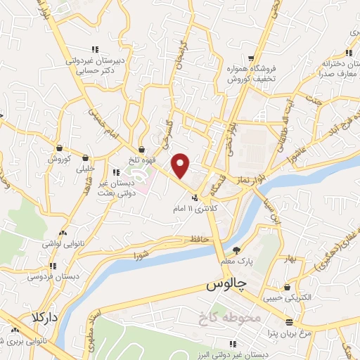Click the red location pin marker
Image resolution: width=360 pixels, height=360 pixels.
181,165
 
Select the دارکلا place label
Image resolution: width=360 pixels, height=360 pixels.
41,316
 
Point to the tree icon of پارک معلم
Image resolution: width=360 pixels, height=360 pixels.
236,250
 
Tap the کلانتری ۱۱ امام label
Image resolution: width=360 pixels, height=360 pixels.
200,210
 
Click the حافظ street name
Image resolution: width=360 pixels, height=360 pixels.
198,240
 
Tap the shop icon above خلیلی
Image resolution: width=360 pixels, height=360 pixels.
85,157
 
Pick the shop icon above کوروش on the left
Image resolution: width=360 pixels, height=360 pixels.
58,148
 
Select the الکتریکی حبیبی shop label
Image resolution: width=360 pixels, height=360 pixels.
287,297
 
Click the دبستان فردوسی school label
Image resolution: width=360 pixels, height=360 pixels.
53,276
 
